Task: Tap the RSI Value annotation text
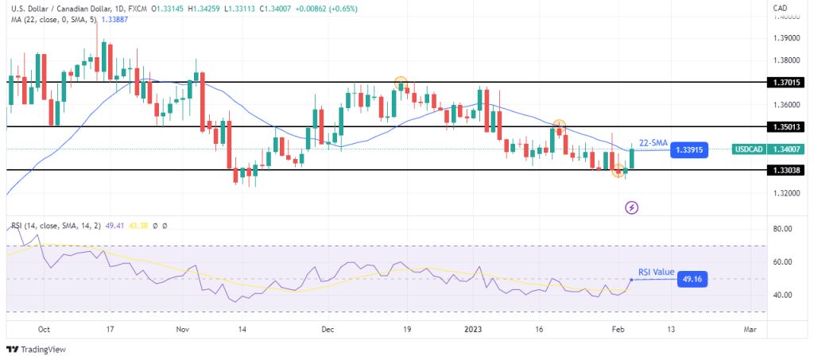point(655,271)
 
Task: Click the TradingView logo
point(37,349)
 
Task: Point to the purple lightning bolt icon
point(632,207)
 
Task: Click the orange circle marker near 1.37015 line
point(401,83)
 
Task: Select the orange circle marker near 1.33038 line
point(618,170)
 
